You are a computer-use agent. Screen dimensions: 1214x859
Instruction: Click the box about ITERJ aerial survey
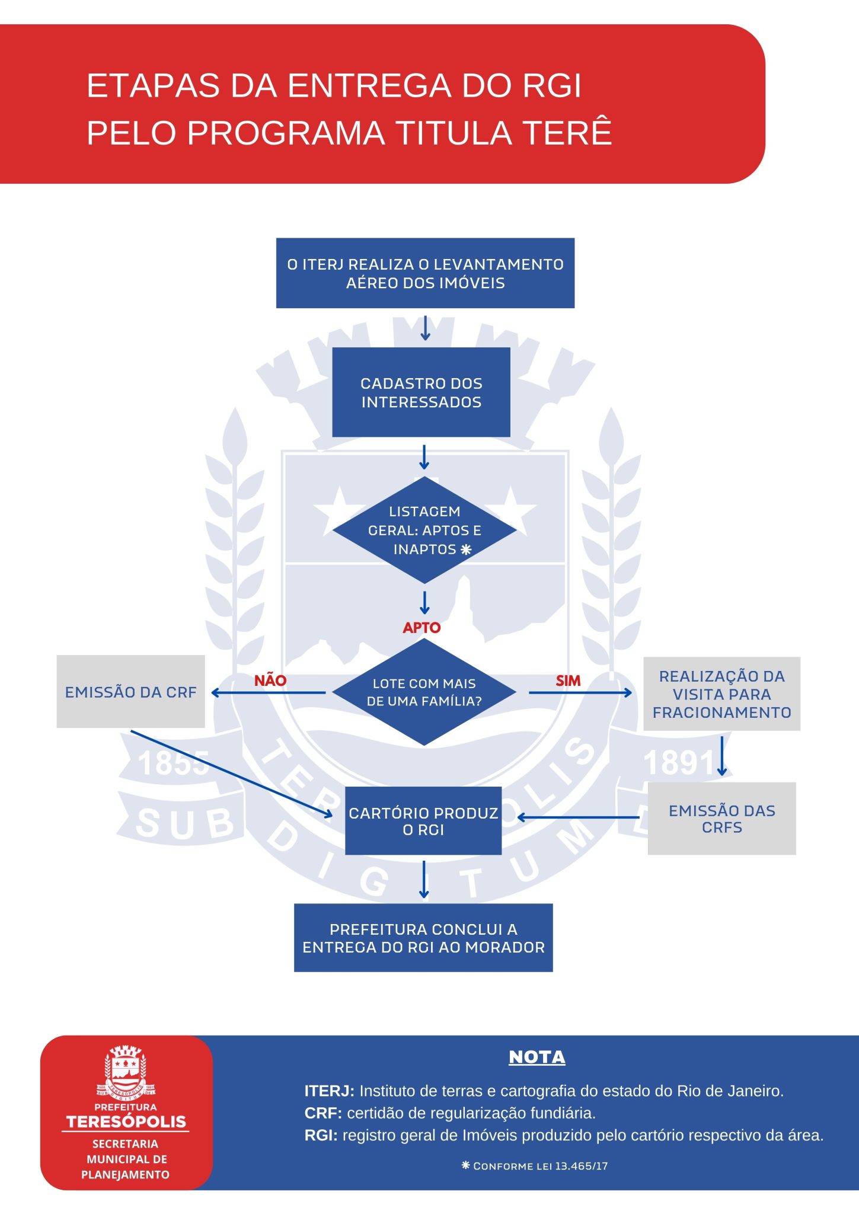[x=425, y=273]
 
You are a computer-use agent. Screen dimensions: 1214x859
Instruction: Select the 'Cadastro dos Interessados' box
[x=421, y=392]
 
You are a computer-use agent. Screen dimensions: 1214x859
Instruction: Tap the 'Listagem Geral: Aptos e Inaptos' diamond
[x=424, y=530]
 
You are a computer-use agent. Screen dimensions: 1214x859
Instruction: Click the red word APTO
[x=421, y=628]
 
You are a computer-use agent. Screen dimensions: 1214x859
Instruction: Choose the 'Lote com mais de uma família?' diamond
[x=424, y=692]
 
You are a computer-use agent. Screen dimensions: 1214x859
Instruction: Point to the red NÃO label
[x=270, y=681]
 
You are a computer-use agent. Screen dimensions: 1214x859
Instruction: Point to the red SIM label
[x=568, y=681]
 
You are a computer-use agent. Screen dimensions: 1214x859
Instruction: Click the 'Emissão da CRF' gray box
[x=130, y=692]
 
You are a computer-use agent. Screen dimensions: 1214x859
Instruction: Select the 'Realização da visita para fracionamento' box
[x=721, y=694]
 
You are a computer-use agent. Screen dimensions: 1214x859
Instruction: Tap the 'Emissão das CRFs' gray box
[x=721, y=819]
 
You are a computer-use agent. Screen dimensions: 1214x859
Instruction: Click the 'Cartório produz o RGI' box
[x=423, y=821]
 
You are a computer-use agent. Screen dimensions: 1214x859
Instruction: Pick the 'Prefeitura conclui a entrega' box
[x=423, y=938]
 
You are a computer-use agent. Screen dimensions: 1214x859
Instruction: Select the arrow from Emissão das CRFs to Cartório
[x=578, y=817]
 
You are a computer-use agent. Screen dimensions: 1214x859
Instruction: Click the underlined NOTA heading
[x=537, y=1058]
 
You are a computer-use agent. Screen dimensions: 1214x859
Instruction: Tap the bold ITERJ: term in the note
[x=329, y=1091]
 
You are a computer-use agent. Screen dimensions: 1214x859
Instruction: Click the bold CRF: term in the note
[x=323, y=1113]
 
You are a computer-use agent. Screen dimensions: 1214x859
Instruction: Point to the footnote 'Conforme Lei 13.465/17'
[x=535, y=1166]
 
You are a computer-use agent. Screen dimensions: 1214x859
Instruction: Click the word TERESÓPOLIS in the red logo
[x=126, y=1122]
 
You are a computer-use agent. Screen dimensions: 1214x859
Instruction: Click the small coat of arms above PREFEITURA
[x=126, y=1071]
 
